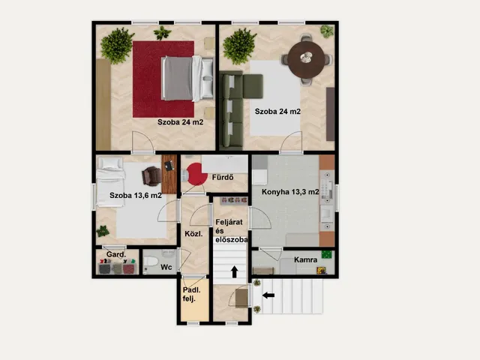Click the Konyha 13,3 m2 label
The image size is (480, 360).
tap(290, 192)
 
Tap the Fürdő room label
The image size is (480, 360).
tap(223, 177)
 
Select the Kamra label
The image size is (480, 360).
tap(305, 260)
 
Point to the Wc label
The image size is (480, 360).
tap(166, 267)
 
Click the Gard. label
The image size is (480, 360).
tap(116, 254)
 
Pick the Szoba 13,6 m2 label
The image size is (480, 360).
tap(136, 195)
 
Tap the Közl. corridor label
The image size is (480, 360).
tap(193, 234)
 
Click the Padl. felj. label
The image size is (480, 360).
tap(192, 295)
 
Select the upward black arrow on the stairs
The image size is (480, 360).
tap(235, 271)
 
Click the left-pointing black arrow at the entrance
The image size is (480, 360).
tap(268, 295)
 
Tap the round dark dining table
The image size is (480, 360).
tap(306, 59)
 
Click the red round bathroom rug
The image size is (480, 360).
tap(196, 174)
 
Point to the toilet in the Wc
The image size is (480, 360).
tap(151, 262)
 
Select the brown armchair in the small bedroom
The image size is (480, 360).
tap(151, 176)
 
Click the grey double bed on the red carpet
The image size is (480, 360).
tap(187, 78)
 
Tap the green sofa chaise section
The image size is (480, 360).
tap(253, 86)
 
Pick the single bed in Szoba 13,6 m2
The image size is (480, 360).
tap(110, 181)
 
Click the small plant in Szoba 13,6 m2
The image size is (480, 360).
tap(103, 231)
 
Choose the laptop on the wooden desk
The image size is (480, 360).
tap(169, 166)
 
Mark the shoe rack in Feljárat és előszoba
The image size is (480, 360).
tap(234, 201)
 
